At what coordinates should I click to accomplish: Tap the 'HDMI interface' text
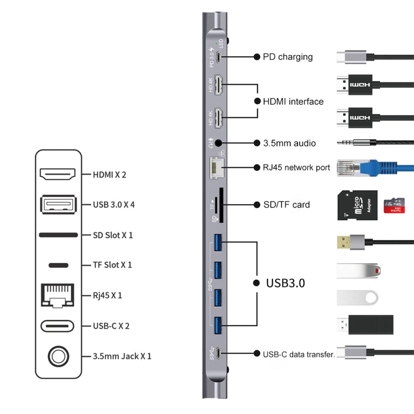293,101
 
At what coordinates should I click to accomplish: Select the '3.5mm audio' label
289,143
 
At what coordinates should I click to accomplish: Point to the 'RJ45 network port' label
296,167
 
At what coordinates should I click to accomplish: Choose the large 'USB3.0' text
285,283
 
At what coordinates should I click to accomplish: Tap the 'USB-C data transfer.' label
299,354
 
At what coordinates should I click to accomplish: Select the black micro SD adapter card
357,205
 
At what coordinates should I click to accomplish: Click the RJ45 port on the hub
215,167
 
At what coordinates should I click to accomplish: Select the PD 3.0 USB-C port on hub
219,57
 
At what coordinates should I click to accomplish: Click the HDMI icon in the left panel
57,174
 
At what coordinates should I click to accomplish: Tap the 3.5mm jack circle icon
57,356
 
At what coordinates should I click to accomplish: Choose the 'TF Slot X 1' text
112,265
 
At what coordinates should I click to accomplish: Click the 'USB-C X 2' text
111,326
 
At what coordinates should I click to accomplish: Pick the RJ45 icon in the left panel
57,295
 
